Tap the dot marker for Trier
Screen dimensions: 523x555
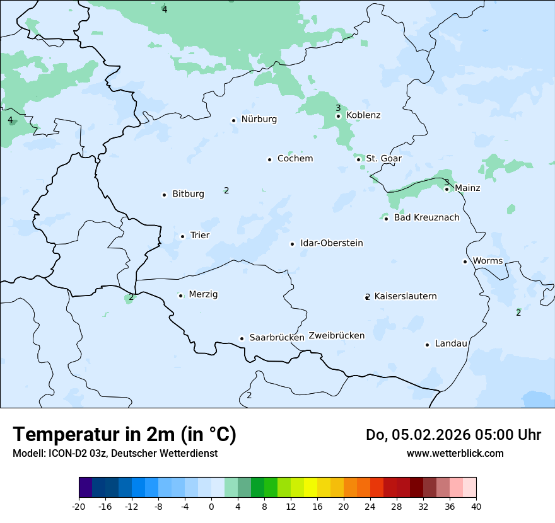click(182, 236)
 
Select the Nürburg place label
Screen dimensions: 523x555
click(259, 119)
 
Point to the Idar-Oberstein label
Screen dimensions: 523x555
click(331, 243)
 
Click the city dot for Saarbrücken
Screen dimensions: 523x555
click(242, 338)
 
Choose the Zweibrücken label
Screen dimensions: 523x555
click(336, 335)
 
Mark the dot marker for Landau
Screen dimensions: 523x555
click(427, 345)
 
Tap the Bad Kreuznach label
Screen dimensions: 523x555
click(426, 217)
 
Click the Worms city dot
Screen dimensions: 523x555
click(465, 261)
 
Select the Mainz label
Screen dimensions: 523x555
click(467, 188)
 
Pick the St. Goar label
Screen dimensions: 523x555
click(383, 158)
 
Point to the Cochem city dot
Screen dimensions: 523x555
click(269, 159)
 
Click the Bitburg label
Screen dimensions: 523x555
click(188, 194)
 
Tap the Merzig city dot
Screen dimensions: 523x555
click(180, 296)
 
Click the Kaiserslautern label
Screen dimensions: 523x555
click(405, 296)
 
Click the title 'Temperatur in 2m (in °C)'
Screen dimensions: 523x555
click(124, 434)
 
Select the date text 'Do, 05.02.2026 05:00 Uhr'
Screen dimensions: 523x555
click(453, 435)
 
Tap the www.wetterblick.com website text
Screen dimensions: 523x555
click(455, 453)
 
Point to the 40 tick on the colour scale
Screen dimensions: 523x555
click(476, 506)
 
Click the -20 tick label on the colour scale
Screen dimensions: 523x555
click(79, 506)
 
